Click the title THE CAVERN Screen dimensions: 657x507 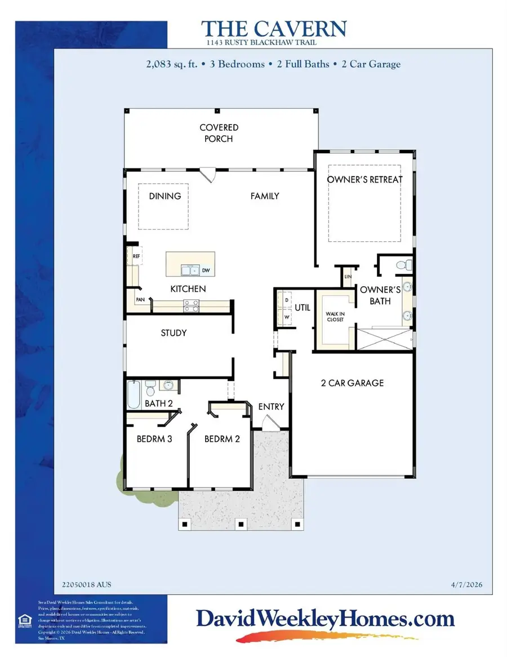point(274,29)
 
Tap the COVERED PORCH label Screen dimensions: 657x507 point(219,134)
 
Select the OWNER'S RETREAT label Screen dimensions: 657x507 point(365,180)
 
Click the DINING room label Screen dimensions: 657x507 point(165,196)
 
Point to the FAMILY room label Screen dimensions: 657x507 point(265,196)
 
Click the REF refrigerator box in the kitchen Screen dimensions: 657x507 point(136,256)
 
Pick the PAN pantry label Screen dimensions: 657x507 point(139,300)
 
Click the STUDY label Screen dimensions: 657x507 point(174,333)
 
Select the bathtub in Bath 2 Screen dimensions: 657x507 point(134,395)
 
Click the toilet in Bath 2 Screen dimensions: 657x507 point(150,388)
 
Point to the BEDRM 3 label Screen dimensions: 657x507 point(154,439)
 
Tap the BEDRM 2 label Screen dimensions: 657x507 point(222,439)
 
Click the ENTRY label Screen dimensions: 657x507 point(271,407)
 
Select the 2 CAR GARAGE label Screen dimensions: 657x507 point(352,383)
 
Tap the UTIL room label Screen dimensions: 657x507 point(303,308)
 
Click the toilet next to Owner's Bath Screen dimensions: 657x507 point(403,264)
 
